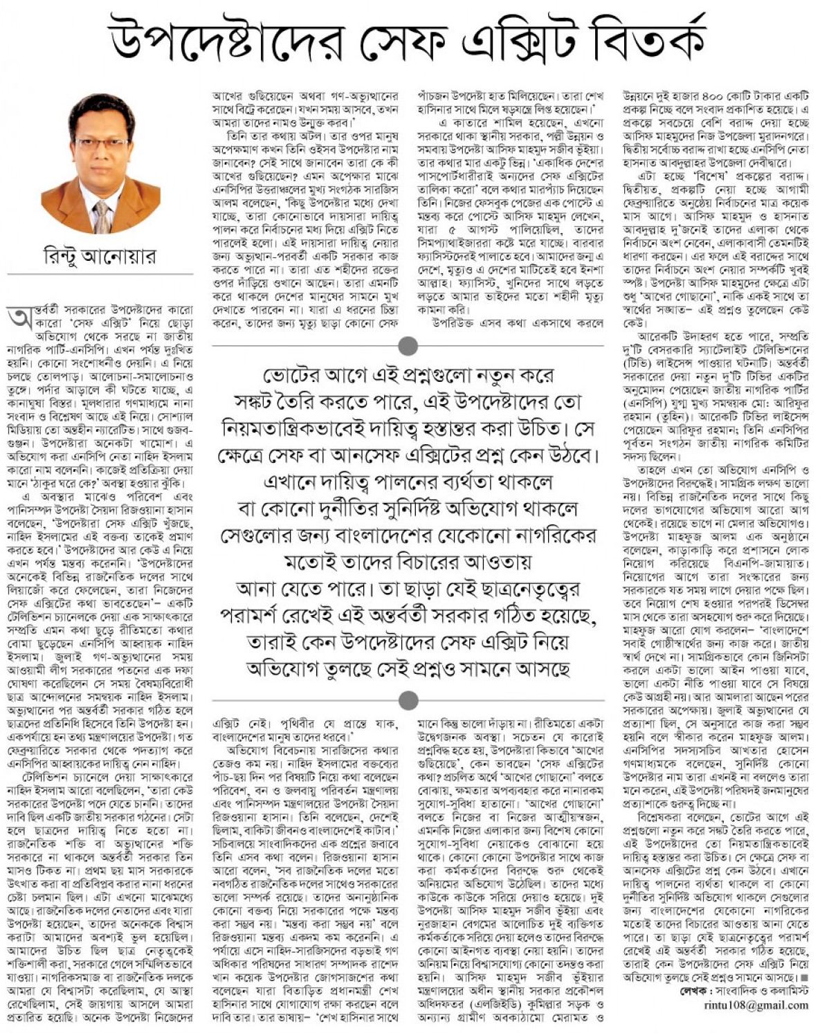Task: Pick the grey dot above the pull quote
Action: point(408,345)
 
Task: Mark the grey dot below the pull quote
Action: point(408,700)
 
